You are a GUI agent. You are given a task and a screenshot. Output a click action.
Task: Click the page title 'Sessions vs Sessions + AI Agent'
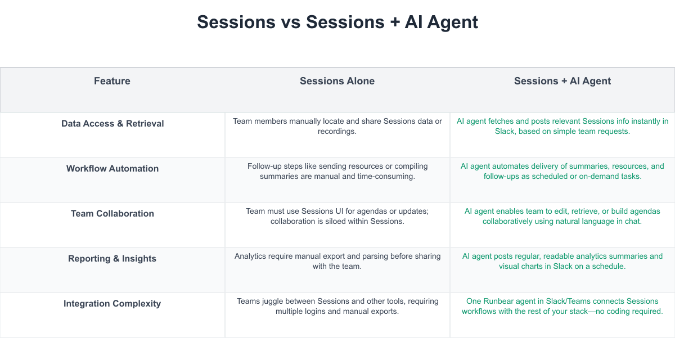click(337, 22)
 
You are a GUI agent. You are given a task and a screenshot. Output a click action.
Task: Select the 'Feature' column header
click(112, 81)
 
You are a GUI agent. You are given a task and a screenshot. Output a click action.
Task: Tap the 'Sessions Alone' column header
click(337, 81)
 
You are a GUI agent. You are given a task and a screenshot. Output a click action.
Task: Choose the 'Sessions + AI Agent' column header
click(562, 81)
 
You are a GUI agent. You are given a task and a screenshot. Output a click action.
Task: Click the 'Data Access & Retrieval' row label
click(112, 124)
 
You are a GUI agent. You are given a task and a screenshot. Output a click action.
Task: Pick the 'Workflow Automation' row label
click(112, 168)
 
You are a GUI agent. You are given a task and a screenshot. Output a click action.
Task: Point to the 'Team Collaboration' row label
click(112, 214)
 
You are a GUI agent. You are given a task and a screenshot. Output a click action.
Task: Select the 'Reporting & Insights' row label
click(112, 259)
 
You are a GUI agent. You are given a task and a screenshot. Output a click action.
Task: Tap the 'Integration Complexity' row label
click(112, 304)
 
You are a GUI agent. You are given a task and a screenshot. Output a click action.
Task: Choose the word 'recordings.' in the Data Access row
click(337, 132)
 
